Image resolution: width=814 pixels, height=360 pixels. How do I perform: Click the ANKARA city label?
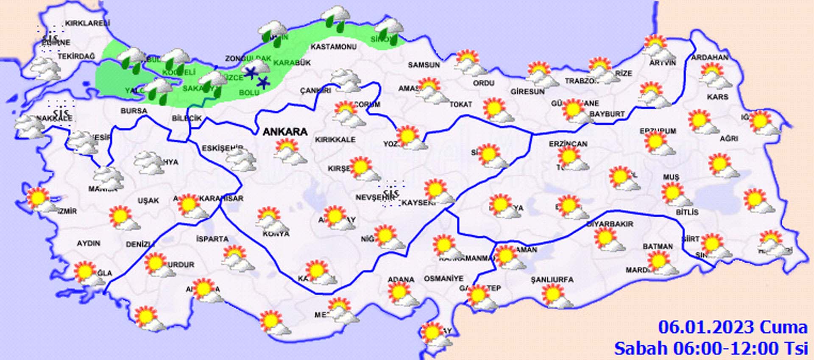click(285, 132)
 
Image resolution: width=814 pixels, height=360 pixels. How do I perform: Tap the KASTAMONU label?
click(333, 47)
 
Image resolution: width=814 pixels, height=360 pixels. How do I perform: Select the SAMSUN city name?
click(424, 65)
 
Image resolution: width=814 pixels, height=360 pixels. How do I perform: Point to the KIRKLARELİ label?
click(87, 24)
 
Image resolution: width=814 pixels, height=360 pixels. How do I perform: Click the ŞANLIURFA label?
click(552, 280)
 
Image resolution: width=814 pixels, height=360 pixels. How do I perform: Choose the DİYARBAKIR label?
click(610, 224)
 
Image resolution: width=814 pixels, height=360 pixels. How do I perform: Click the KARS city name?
click(717, 97)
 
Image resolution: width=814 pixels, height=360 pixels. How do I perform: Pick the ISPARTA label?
click(212, 239)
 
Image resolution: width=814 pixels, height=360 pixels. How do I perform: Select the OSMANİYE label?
click(443, 279)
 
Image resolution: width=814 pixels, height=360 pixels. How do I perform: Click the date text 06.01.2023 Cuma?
click(732, 328)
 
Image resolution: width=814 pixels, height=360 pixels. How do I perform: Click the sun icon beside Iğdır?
click(761, 123)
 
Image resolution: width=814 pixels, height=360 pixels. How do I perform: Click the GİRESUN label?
click(527, 92)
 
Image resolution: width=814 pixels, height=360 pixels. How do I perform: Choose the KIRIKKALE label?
click(335, 140)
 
